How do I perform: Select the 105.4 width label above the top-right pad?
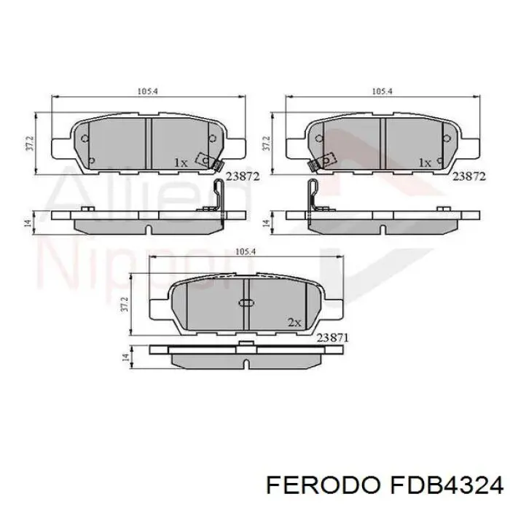click(x=382, y=92)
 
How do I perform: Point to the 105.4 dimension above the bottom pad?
click(x=246, y=251)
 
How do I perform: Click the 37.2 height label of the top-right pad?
click(x=266, y=143)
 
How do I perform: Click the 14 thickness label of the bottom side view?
click(x=126, y=358)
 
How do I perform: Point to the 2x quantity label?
click(x=294, y=321)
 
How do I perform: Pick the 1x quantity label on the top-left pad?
click(x=180, y=162)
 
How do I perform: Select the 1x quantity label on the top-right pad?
click(x=425, y=162)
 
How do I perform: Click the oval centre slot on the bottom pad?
click(x=246, y=303)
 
